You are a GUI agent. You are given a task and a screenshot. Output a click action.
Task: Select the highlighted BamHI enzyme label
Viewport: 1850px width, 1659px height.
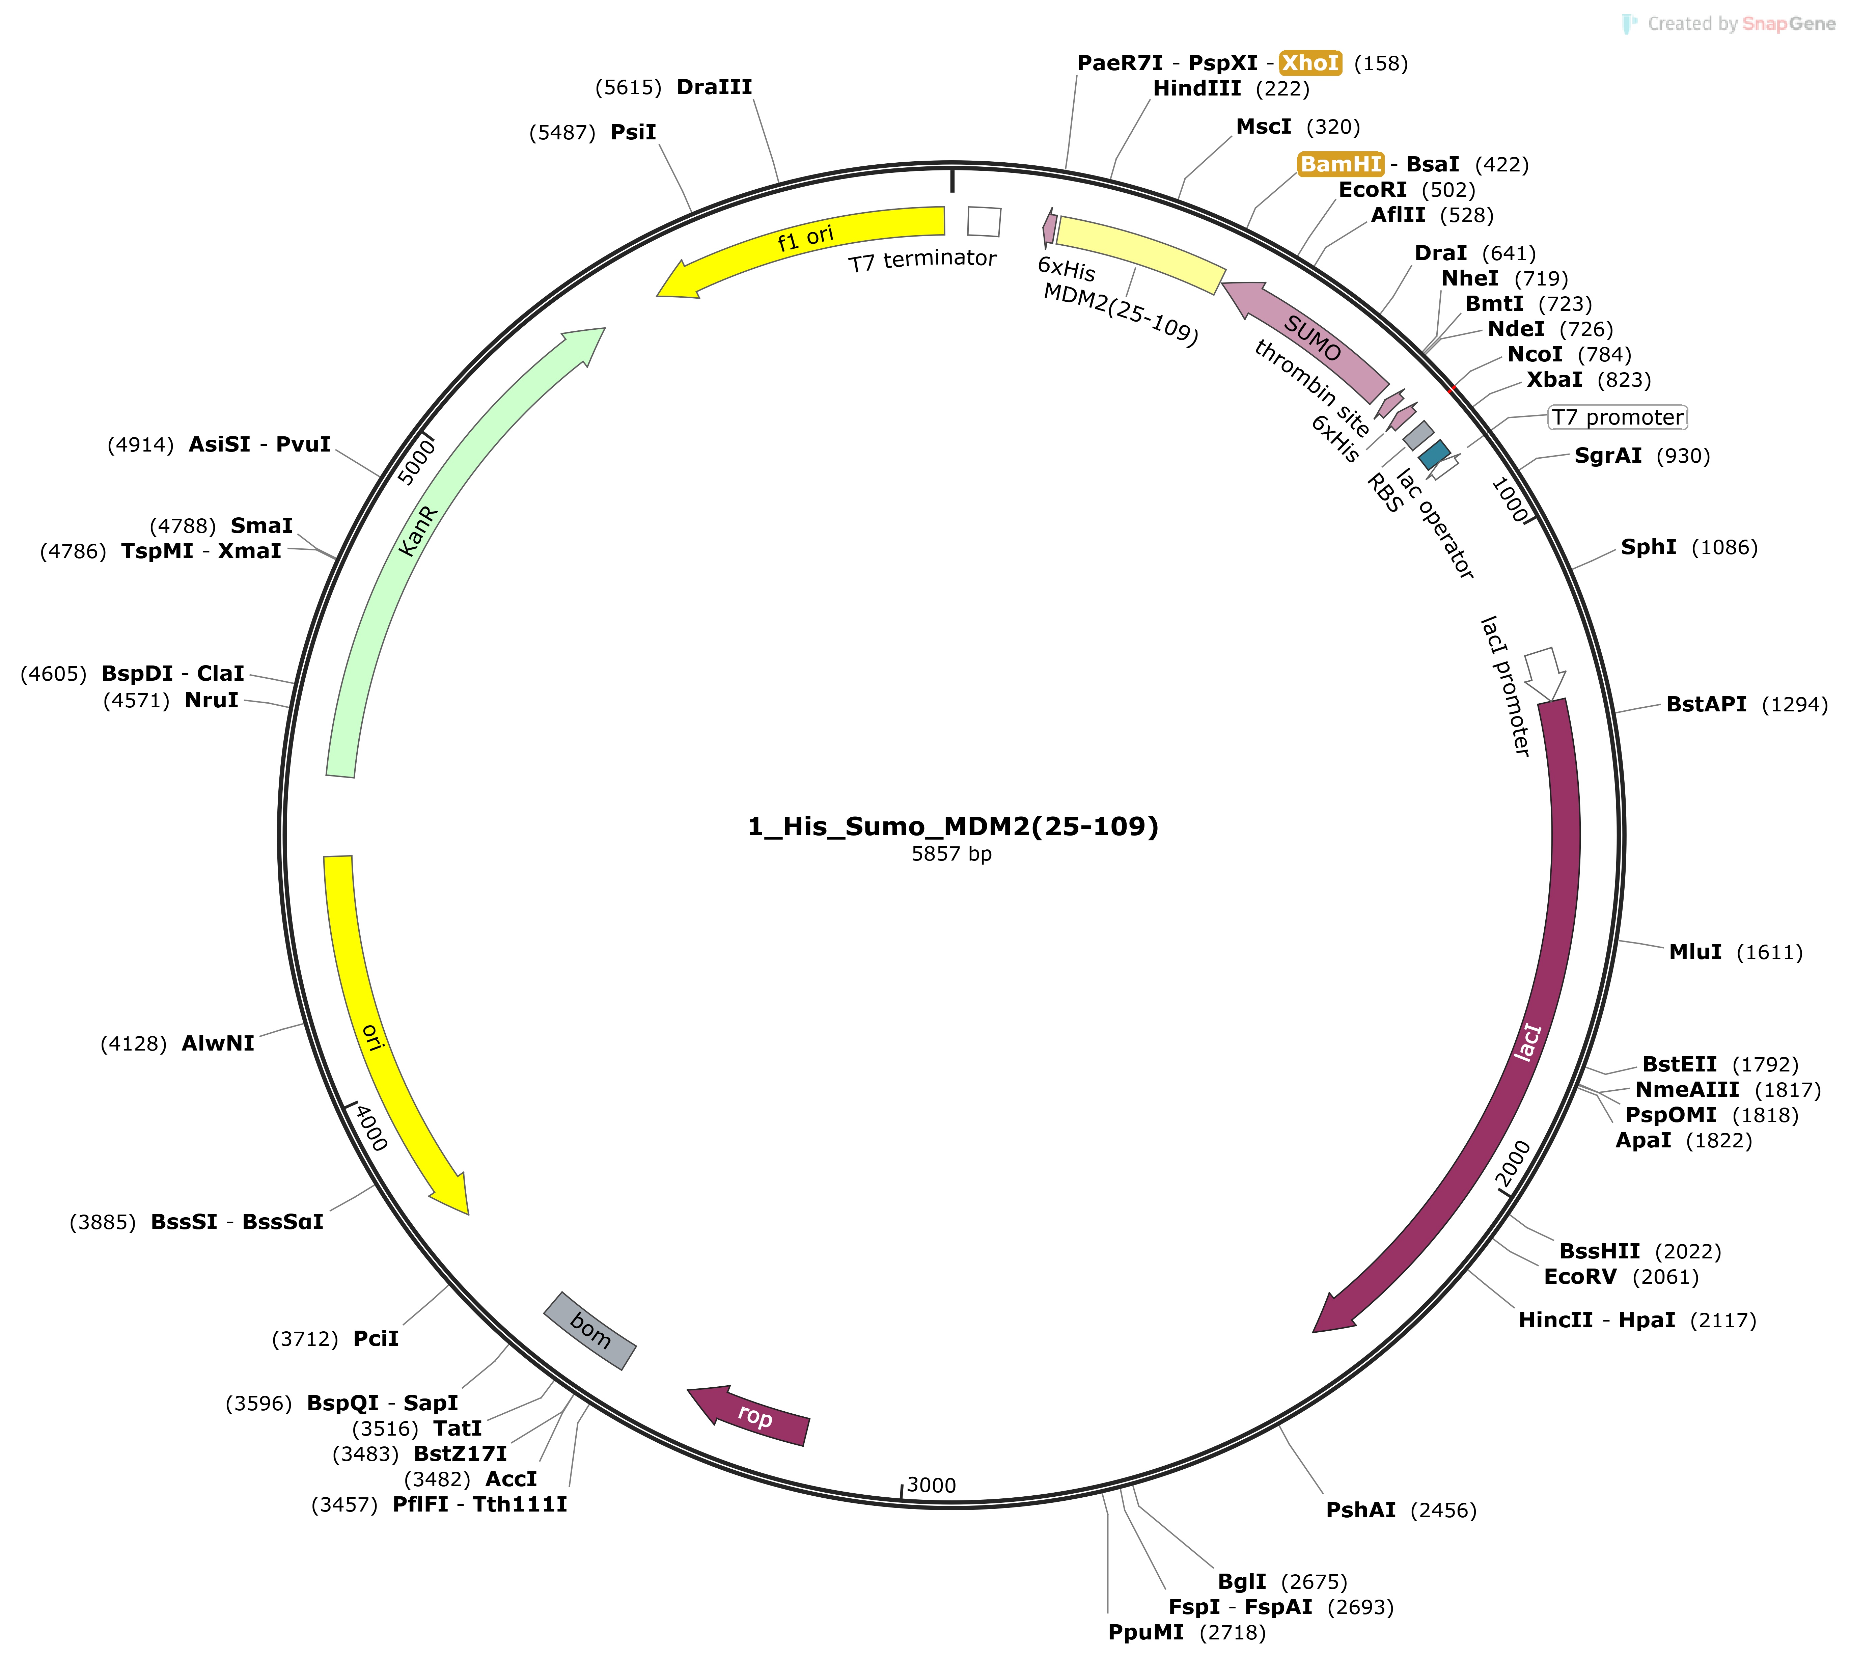(x=1341, y=164)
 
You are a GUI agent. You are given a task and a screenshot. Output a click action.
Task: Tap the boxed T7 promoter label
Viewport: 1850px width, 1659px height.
(x=1618, y=417)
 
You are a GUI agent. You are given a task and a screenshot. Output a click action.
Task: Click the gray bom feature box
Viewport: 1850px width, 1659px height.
(x=590, y=1331)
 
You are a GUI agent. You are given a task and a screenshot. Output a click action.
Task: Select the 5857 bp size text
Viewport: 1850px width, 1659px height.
(x=951, y=854)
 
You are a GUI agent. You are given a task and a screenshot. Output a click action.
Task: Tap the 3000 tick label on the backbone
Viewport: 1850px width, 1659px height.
(x=931, y=1485)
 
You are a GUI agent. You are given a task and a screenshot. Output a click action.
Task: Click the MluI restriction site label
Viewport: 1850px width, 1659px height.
(x=1695, y=952)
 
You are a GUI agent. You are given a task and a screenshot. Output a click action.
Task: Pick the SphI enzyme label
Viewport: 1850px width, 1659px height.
(x=1648, y=547)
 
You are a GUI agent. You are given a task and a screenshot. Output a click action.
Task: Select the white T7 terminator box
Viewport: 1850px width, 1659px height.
(x=984, y=221)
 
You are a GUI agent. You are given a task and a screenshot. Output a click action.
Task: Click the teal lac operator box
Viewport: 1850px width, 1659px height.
(x=1434, y=454)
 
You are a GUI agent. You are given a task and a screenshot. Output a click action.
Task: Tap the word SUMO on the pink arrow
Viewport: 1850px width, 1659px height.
(x=1312, y=338)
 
